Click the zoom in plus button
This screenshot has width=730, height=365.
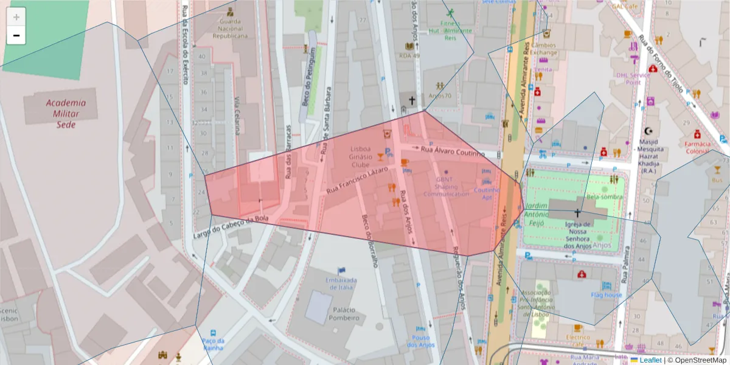coord(16,17)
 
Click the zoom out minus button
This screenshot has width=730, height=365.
coord(16,35)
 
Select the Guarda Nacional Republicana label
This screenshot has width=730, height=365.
coord(230,28)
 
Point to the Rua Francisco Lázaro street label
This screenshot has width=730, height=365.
coord(357,181)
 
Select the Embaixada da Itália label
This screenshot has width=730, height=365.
coord(340,283)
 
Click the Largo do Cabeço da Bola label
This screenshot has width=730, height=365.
coord(231,227)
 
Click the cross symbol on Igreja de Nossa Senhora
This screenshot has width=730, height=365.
coord(577,214)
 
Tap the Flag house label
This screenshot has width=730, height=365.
coord(606,295)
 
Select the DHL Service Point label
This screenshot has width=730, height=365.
coord(633,78)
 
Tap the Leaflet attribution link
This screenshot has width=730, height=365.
coord(650,360)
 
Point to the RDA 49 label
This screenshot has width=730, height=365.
coord(409,55)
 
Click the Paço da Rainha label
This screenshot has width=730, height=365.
coord(213,344)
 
